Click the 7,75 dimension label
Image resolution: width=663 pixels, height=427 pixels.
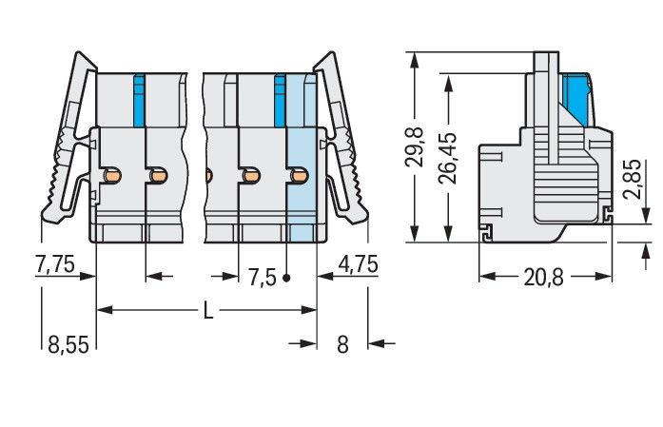coord(55,264)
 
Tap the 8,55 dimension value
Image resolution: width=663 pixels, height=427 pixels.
coord(68,344)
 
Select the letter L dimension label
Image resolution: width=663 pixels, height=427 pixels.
coord(208,310)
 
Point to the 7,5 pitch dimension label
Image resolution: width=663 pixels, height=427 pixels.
coord(262,278)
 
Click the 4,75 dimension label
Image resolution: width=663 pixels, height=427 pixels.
coord(359,264)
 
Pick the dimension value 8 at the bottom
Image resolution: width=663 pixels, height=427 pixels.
coord(342,344)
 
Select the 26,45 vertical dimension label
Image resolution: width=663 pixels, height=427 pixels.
coord(448,158)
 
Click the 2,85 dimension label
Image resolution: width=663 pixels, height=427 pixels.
coord(633,179)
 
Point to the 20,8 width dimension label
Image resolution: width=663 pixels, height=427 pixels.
coord(543,278)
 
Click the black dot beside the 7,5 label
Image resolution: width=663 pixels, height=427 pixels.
coord(286,279)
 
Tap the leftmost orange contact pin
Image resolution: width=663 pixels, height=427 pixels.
coord(112,175)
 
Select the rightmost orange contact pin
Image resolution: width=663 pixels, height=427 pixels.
coord(300,175)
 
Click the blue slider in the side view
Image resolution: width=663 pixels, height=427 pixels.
coord(577,100)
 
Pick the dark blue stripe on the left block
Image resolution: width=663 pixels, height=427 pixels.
coord(139,101)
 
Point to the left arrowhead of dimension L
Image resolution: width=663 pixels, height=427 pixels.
coord(105,310)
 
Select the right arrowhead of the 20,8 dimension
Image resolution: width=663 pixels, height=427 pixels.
coord(604,277)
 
